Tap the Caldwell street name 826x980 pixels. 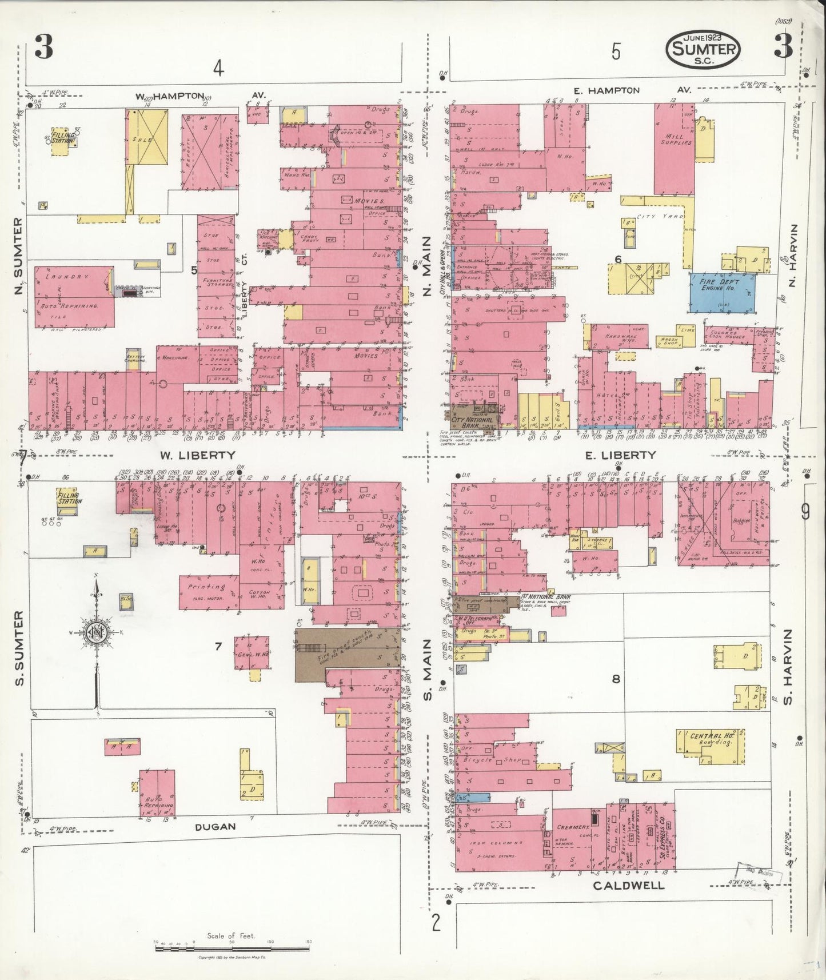[628, 886]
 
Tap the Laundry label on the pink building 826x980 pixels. [69, 277]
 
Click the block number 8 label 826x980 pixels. [616, 679]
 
